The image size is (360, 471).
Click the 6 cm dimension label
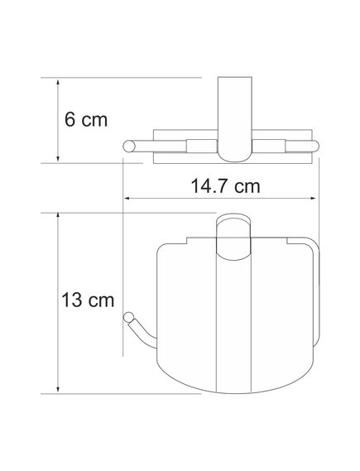pyautogui.click(x=86, y=120)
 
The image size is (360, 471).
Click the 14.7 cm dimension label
pyautogui.click(x=225, y=186)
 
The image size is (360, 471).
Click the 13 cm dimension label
pyautogui.click(x=88, y=300)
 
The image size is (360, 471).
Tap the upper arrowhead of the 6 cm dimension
pyautogui.click(x=58, y=82)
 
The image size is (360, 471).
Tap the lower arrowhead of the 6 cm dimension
pyautogui.click(x=58, y=159)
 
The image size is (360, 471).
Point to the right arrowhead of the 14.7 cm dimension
pyautogui.click(x=312, y=199)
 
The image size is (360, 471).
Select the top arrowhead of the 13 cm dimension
pyautogui.click(x=58, y=217)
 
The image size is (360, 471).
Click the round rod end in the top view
pyautogui.click(x=129, y=146)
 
